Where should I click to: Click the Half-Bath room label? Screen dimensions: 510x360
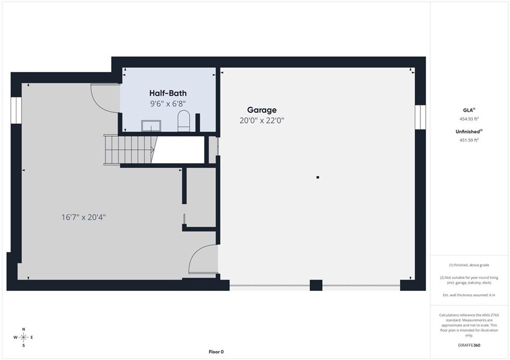pyautogui.click(x=168, y=93)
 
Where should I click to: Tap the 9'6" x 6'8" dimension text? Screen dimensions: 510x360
pyautogui.click(x=167, y=104)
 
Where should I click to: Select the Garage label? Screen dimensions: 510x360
pyautogui.click(x=262, y=110)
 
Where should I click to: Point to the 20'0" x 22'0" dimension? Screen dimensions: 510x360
pyautogui.click(x=262, y=120)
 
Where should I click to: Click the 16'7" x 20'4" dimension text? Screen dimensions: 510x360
pyautogui.click(x=84, y=217)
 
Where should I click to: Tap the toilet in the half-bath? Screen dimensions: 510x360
pyautogui.click(x=184, y=120)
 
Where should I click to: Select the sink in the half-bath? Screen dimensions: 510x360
pyautogui.click(x=151, y=126)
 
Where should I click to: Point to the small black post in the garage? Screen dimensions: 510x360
pyautogui.click(x=318, y=177)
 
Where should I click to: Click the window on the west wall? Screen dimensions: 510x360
pyautogui.click(x=16, y=110)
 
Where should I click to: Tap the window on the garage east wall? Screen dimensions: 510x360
pyautogui.click(x=420, y=117)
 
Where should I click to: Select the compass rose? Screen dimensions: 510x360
pyautogui.click(x=23, y=337)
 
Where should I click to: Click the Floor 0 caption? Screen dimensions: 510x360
pyautogui.click(x=216, y=352)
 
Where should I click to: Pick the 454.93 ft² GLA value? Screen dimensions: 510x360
pyautogui.click(x=469, y=119)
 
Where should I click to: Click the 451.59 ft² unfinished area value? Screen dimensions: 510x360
pyautogui.click(x=469, y=140)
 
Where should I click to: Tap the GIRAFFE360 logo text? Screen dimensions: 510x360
pyautogui.click(x=469, y=345)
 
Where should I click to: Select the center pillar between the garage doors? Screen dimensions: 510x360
pyautogui.click(x=316, y=285)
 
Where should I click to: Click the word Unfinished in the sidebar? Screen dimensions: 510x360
pyautogui.click(x=467, y=132)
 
